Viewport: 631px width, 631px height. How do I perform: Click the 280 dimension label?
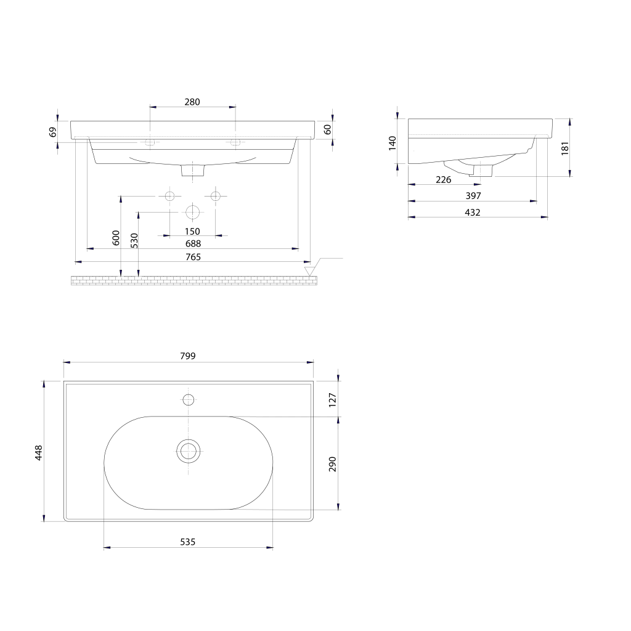[x=192, y=102]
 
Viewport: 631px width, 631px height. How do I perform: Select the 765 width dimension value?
[x=193, y=257]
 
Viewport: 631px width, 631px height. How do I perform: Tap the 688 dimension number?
[x=193, y=243]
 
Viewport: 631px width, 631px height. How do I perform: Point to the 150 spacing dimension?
[x=192, y=232]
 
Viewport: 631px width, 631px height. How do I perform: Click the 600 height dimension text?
[x=116, y=238]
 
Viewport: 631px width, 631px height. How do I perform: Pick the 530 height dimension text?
[x=134, y=241]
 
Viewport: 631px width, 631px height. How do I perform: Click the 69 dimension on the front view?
[x=53, y=132]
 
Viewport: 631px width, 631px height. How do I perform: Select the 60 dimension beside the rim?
[x=328, y=129]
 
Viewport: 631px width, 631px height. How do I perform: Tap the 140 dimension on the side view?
[x=393, y=143]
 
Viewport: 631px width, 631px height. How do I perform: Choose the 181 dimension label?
[x=565, y=148]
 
